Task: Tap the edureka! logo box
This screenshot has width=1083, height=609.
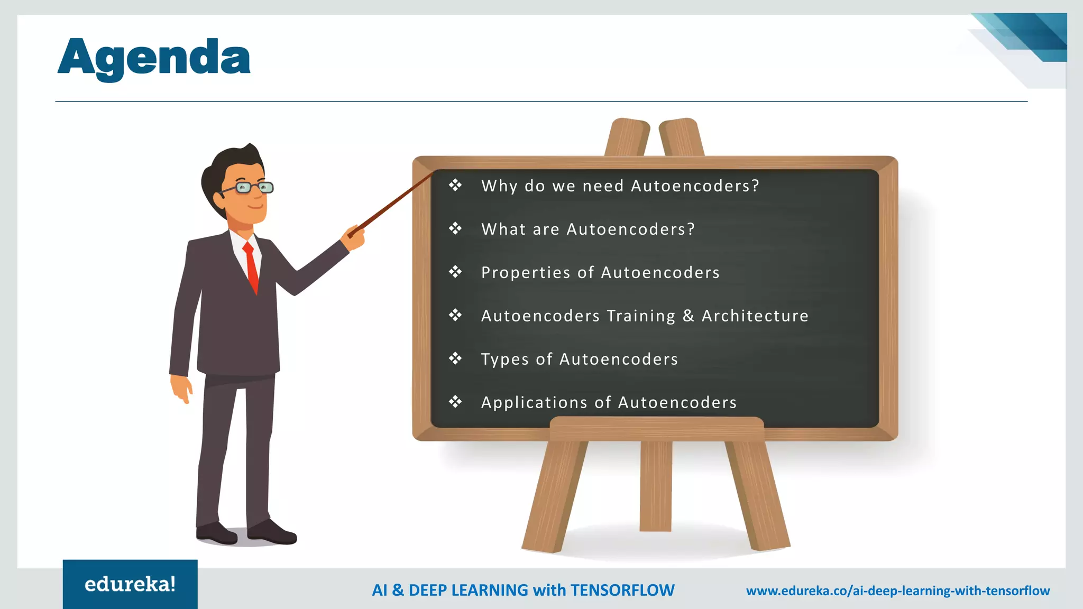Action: [x=130, y=584]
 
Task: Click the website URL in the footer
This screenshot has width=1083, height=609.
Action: [x=898, y=590]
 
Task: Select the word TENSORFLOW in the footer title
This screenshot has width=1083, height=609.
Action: [x=622, y=590]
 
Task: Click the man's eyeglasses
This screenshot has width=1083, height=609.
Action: [x=249, y=187]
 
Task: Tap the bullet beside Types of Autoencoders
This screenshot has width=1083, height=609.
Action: [x=455, y=359]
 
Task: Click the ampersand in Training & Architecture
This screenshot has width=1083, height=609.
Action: [x=688, y=316]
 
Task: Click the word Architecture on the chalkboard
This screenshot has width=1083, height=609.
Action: [x=755, y=316]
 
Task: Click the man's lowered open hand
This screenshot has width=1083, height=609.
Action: [x=181, y=389]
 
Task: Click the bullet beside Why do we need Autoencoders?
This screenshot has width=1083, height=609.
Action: [x=455, y=186]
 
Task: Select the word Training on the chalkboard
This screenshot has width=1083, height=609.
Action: [x=641, y=316]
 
